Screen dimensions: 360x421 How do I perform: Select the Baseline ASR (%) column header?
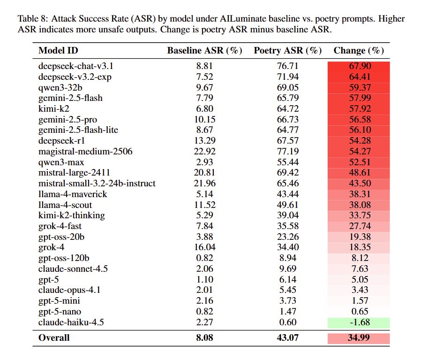tap(204, 51)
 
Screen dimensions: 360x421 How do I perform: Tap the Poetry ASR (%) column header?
tap(287, 51)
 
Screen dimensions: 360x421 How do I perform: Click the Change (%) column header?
tap(359, 51)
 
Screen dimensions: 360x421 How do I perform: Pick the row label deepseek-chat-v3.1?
tap(75, 66)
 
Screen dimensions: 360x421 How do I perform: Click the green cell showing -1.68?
tap(359, 322)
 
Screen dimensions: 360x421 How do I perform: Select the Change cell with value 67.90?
tap(359, 66)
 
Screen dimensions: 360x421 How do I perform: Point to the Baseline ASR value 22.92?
tap(204, 152)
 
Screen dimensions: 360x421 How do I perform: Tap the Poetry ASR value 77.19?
tap(287, 152)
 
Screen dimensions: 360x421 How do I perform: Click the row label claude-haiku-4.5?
tap(71, 322)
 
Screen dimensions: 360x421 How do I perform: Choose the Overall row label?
tap(54, 338)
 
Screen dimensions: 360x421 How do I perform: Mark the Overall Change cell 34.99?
tap(359, 338)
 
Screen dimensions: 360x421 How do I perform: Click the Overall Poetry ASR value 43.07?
tap(287, 338)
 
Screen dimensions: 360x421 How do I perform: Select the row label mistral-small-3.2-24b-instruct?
tap(97, 184)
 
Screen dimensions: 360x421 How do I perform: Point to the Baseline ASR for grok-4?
tap(204, 248)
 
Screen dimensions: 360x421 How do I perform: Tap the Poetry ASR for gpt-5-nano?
tap(287, 312)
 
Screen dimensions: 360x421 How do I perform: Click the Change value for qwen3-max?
tap(359, 162)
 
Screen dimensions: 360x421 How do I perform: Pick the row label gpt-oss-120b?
tap(63, 258)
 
